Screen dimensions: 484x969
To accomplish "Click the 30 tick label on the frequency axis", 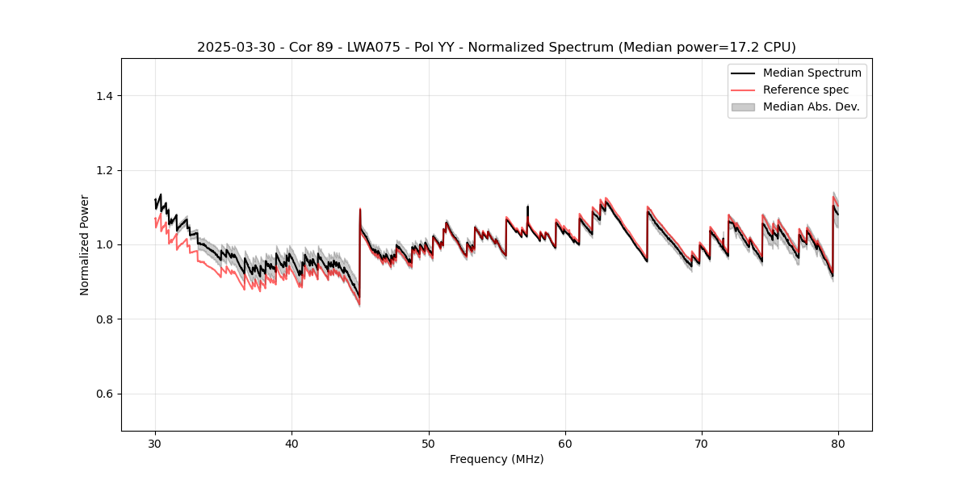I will coord(155,444).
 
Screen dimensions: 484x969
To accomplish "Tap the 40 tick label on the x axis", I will coord(292,444).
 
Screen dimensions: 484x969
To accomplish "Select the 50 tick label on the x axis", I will coord(428,444).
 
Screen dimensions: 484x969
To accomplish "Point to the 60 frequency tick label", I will coord(565,444).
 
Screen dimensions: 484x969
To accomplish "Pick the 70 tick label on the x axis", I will coord(702,444).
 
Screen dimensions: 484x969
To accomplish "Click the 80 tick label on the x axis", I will coord(838,444).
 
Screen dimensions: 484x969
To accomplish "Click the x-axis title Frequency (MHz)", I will coord(497,460).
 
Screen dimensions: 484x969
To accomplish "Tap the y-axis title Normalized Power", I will coord(85,244).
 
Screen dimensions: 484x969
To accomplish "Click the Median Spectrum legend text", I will coord(812,73).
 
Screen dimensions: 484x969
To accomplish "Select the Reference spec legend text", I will coord(806,90).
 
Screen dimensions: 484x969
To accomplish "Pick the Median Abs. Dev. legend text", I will coord(811,106).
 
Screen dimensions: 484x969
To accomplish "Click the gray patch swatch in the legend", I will coord(743,106).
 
